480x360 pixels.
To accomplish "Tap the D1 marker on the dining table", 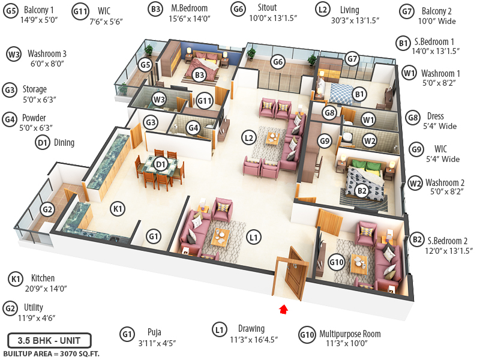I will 160,163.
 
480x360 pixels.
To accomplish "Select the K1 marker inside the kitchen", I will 118,208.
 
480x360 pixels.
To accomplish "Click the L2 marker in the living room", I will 250,137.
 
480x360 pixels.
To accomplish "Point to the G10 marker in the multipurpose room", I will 337,262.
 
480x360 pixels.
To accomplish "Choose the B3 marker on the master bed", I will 200,74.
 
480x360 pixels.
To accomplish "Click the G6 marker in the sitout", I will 277,61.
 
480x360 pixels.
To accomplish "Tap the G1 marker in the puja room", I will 154,237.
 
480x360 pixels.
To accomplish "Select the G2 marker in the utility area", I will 48,209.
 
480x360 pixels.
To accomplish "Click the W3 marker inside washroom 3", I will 158,99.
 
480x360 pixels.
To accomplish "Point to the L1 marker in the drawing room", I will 254,238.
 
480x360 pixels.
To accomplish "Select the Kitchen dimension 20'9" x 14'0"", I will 46,288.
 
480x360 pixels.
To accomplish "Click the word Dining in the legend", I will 64,142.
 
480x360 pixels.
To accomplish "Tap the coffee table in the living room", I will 273,136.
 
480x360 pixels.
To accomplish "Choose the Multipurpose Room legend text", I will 350,334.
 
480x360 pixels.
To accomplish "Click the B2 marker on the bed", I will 361,191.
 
